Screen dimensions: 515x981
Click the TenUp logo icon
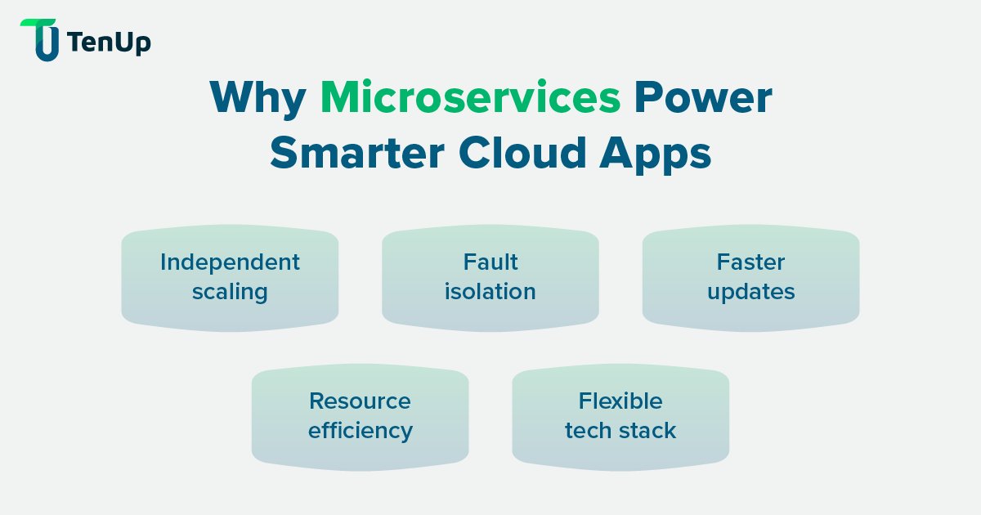pos(39,40)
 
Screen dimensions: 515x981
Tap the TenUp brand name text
pos(110,42)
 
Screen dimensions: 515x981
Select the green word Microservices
pos(470,99)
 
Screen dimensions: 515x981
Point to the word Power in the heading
pos(703,99)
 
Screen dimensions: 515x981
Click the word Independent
pos(230,262)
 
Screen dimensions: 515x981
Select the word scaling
pos(230,293)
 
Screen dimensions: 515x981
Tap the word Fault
pos(490,262)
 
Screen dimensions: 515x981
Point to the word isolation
pos(490,292)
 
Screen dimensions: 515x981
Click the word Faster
pos(750,262)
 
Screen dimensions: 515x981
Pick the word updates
pos(750,293)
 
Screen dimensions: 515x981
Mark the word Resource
pos(360,401)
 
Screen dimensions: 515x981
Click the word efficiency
pos(360,431)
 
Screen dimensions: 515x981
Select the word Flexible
pos(620,401)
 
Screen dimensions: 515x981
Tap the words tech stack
pos(620,431)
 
